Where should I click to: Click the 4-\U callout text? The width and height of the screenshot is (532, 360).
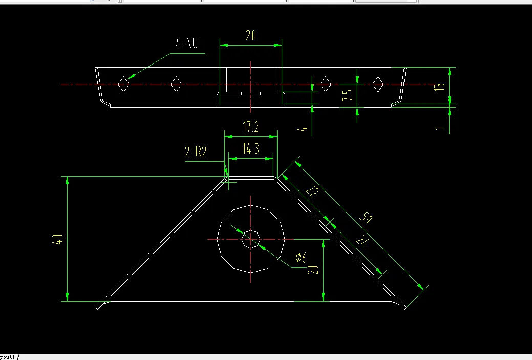[187, 44]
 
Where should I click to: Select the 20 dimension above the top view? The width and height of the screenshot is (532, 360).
[250, 36]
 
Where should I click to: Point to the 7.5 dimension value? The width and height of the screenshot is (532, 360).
[348, 95]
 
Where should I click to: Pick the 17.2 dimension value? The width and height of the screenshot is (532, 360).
[250, 128]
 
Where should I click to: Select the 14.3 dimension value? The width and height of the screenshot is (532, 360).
[250, 150]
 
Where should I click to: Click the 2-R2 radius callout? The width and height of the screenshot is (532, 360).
[196, 152]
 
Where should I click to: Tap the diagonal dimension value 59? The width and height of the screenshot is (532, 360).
[365, 219]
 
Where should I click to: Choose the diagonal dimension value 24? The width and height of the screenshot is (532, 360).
[361, 241]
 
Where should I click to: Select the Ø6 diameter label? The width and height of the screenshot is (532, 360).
[301, 258]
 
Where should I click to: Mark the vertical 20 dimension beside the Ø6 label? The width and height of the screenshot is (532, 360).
[314, 270]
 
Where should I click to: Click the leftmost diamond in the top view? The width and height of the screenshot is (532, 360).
[123, 83]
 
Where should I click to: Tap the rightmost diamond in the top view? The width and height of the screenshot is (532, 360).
[378, 83]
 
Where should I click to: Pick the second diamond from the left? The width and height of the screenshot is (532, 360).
[176, 83]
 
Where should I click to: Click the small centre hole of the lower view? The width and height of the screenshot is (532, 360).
[251, 239]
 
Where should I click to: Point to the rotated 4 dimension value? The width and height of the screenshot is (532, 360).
[304, 129]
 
